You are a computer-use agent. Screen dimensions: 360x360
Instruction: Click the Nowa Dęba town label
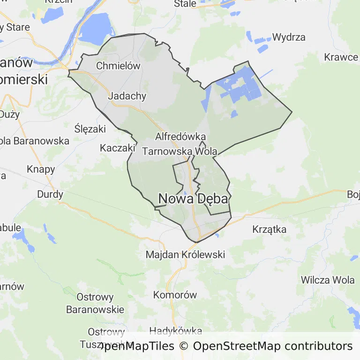pos(193,199)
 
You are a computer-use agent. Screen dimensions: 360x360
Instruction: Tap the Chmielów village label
pos(118,66)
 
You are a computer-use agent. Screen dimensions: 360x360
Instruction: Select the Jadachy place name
pos(127,96)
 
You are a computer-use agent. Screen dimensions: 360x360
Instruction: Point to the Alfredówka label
pos(180,137)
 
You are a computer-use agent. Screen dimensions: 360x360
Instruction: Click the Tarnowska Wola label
pos(180,151)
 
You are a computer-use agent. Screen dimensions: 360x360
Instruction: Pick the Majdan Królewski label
pos(185,255)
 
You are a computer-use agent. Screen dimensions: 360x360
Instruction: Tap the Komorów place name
pos(175,295)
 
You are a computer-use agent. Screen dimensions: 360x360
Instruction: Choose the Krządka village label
pos(269,229)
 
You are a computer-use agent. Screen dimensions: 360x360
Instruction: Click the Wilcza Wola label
pos(328,280)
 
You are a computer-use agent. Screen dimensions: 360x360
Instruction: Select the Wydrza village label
pos(289,37)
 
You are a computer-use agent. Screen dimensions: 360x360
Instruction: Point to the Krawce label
pos(341,57)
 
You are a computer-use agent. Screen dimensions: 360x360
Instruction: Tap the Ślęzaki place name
pos(90,128)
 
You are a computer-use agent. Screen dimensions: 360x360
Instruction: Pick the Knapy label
pos(41,169)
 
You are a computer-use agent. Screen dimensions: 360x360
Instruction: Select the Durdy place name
pos(50,194)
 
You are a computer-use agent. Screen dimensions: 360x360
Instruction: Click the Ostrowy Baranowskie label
pos(95,303)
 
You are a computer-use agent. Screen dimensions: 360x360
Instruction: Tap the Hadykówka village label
pos(175,331)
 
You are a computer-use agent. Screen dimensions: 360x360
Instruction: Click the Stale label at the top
pos(185,4)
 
